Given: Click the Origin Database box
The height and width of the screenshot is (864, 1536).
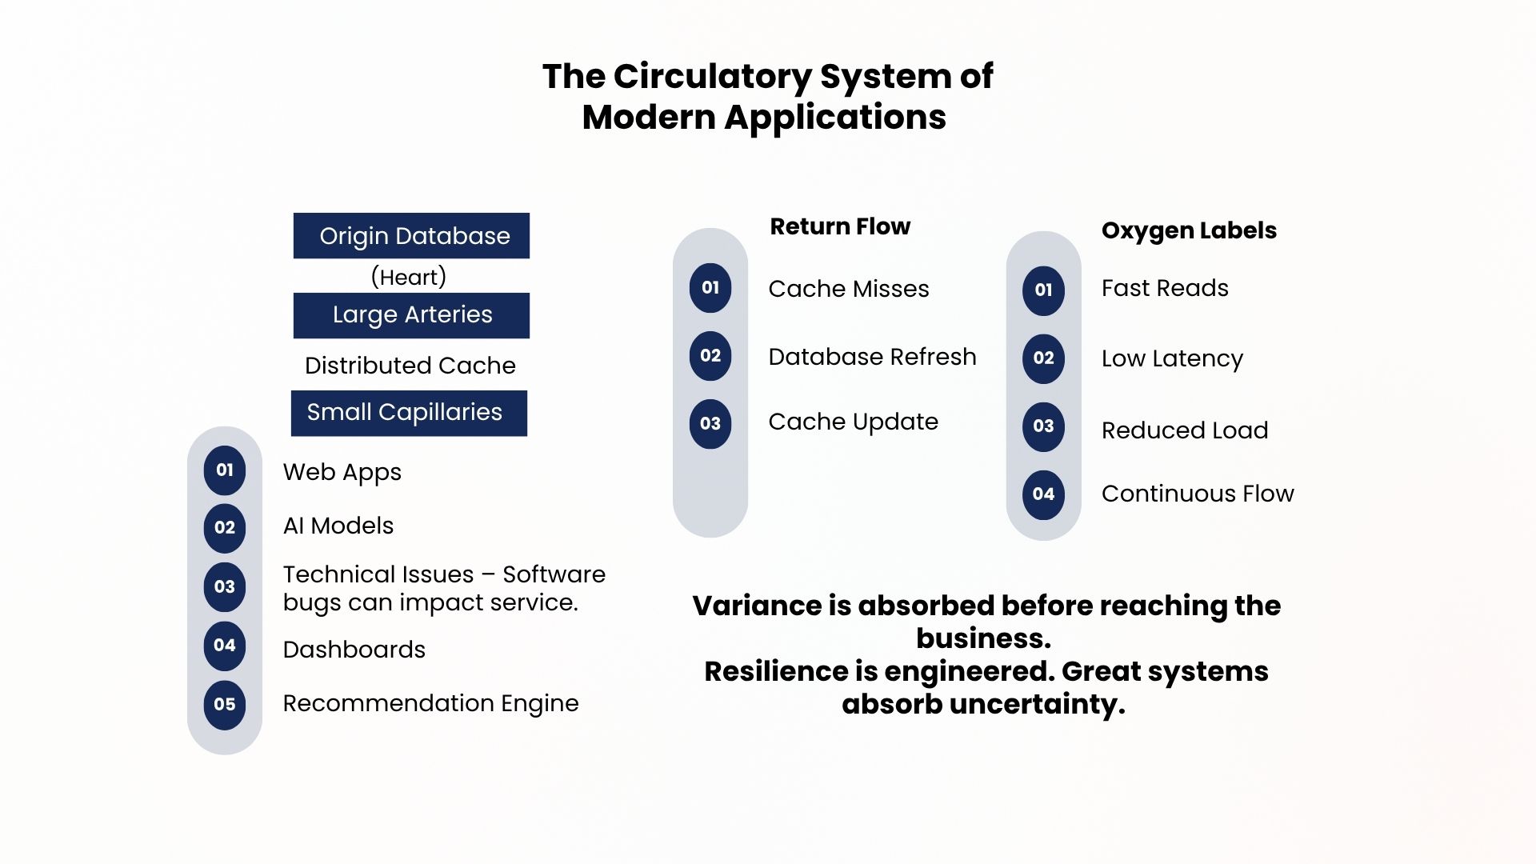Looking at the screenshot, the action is [x=411, y=235].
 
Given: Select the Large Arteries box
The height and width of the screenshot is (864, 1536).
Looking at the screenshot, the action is [x=411, y=315].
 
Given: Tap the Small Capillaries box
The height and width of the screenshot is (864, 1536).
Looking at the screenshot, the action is [x=409, y=413].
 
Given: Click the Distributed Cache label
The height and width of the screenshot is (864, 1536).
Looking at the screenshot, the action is [x=410, y=366].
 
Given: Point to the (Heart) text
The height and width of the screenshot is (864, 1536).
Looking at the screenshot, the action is [x=409, y=277].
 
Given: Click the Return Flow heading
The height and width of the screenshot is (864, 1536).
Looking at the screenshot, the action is [x=840, y=226].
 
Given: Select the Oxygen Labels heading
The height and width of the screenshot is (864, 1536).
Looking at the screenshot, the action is [x=1189, y=230].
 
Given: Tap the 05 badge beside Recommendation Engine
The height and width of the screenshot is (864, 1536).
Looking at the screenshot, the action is [x=225, y=705].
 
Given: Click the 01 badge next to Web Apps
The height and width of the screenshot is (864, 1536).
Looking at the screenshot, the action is [x=225, y=470].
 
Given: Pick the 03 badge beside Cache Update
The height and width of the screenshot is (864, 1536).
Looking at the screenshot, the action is [x=710, y=424].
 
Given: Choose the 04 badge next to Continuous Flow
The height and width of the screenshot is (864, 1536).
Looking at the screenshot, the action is [x=1043, y=494].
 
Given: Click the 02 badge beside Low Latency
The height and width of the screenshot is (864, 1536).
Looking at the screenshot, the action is [x=1043, y=358].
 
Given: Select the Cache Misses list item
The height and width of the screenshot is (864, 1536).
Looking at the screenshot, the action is [x=849, y=289].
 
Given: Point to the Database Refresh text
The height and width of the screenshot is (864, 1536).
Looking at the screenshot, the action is [x=872, y=357].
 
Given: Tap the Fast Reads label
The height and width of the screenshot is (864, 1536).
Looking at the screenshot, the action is [x=1165, y=288].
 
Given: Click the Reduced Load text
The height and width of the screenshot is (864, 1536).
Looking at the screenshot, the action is [x=1185, y=430].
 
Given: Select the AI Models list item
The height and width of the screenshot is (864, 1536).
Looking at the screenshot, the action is [x=338, y=526].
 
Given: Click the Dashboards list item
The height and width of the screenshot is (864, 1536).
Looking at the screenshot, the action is [x=354, y=650].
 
